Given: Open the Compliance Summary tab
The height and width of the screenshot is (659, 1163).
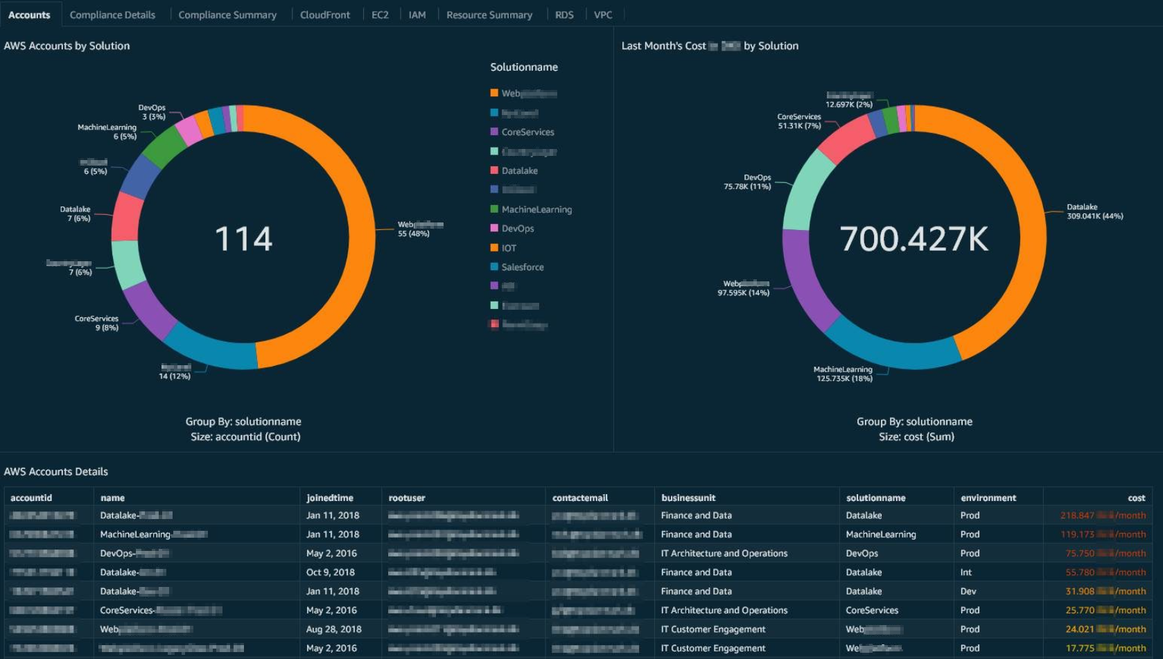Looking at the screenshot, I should (227, 15).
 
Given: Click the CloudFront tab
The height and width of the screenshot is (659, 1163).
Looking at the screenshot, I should (324, 15).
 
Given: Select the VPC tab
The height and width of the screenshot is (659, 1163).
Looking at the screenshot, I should (602, 15).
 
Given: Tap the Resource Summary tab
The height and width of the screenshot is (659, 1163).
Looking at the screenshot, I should (489, 15).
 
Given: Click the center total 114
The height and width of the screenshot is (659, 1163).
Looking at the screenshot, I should (243, 239).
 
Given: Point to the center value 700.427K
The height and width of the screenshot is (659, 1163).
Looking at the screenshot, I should (913, 239).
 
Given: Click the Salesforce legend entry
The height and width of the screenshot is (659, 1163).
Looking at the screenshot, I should (522, 267).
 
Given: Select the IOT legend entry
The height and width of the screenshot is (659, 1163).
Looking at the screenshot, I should (509, 247).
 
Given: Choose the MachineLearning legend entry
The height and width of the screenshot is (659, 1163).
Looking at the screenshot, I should (536, 209).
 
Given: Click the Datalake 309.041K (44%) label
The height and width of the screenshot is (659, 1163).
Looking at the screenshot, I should (1094, 211).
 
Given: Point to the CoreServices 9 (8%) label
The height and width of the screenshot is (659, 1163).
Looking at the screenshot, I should (96, 323).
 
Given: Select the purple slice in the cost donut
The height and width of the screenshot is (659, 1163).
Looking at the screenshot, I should (804, 277).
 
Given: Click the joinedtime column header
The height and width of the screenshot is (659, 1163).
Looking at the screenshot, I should (330, 498).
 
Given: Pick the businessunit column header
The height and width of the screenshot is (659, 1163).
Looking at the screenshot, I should (688, 498).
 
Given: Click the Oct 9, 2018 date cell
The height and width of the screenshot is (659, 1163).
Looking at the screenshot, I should (331, 572).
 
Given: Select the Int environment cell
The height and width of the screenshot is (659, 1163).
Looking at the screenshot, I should (966, 572).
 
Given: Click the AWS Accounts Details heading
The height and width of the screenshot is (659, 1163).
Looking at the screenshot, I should (56, 471).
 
